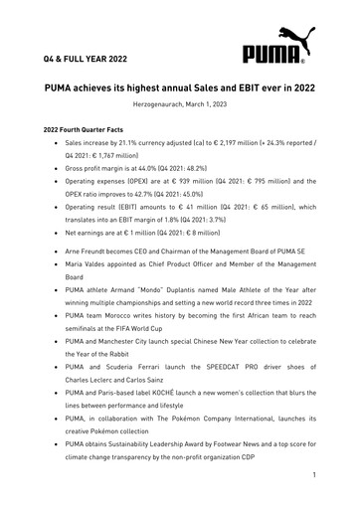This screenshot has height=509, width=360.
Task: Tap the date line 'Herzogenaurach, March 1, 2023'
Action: [179, 106]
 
